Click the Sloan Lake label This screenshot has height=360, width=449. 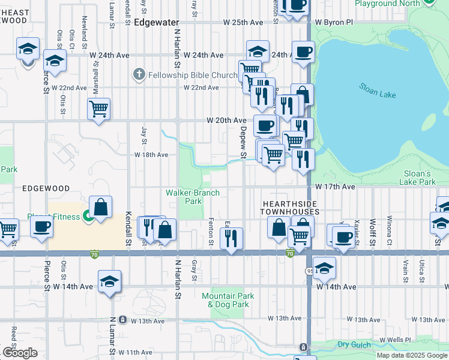pos(378,91)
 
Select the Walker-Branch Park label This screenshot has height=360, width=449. pos(193,197)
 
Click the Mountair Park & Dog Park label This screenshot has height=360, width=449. pos(228,300)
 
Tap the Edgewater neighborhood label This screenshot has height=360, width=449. pos(153,22)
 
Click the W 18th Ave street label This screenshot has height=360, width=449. pos(151,155)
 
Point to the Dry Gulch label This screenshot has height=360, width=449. pos(351,344)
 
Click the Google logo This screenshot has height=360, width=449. pos(19,353)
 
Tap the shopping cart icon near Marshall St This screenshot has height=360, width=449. pos(99,109)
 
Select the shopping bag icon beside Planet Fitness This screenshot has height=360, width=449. pos(101,207)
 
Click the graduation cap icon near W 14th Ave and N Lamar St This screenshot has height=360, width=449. pos(109,281)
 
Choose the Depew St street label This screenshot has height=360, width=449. pos(244,143)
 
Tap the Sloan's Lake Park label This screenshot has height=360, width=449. pos(419,177)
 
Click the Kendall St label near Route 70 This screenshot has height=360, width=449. pos(128,230)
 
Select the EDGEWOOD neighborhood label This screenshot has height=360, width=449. pos(46,188)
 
